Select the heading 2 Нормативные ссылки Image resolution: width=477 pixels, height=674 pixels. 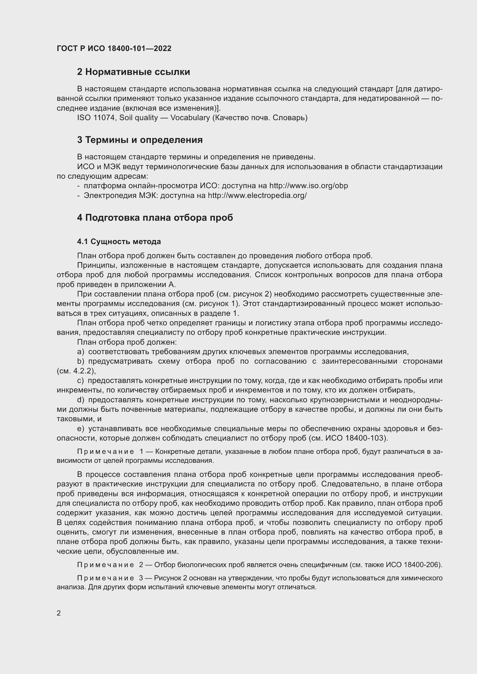(x=133, y=72)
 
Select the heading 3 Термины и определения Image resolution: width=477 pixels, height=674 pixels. (x=140, y=140)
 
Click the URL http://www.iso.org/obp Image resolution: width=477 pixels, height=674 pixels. (x=308, y=186)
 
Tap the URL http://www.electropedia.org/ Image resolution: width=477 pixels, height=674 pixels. (x=257, y=195)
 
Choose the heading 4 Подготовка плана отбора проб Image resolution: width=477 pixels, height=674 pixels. (x=155, y=218)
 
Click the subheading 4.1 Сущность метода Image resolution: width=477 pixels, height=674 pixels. (x=119, y=241)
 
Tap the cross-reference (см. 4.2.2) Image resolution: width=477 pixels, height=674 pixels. (x=76, y=371)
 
